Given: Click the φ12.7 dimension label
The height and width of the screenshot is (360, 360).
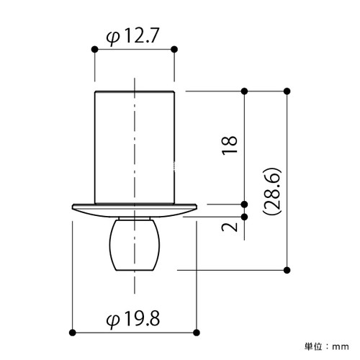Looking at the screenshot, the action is pyautogui.click(x=132, y=37).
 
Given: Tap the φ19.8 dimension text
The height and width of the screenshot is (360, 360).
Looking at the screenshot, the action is pyautogui.click(x=133, y=318).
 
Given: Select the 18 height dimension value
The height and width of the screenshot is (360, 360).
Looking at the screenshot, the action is pyautogui.click(x=230, y=145).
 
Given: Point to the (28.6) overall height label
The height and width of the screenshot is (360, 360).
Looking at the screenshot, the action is pyautogui.click(x=272, y=191).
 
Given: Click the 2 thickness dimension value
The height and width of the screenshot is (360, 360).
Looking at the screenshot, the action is pyautogui.click(x=230, y=227).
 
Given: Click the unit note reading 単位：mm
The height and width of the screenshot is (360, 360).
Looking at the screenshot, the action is pyautogui.click(x=327, y=346).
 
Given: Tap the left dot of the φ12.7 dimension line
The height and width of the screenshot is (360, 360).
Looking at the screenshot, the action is pyautogui.click(x=95, y=50).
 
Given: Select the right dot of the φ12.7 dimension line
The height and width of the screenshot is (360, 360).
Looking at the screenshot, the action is pyautogui.click(x=174, y=50).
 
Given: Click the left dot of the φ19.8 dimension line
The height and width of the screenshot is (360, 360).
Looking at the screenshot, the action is pyautogui.click(x=72, y=333).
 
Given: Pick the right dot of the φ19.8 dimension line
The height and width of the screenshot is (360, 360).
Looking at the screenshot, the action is pyautogui.click(x=197, y=333).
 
